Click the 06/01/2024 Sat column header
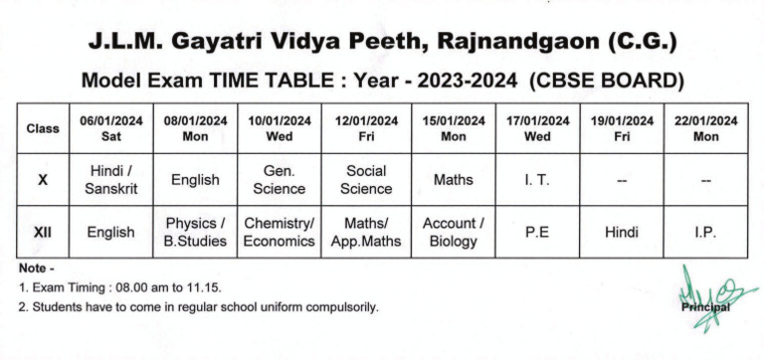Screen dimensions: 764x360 click(x=111, y=128)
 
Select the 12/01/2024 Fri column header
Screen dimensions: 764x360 click(x=365, y=128)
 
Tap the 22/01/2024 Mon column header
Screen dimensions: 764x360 click(x=705, y=128)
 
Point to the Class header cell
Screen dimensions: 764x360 click(x=43, y=128)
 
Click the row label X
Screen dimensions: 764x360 click(x=43, y=180)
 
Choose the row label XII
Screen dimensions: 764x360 click(x=43, y=232)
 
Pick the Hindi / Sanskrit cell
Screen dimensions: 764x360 click(x=111, y=180)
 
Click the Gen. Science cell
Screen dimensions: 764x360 click(x=280, y=180)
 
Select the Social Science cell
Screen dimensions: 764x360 click(x=365, y=180)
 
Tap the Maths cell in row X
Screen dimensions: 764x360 click(x=454, y=180)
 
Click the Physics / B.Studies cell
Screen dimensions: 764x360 click(x=196, y=232)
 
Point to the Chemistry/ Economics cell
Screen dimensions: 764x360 click(x=280, y=232)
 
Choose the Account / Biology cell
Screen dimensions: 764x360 click(x=454, y=232)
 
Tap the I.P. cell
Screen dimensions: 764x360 click(x=705, y=232)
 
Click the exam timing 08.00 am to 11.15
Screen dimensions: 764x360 click(x=149, y=287)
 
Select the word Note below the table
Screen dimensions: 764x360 click(x=32, y=269)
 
